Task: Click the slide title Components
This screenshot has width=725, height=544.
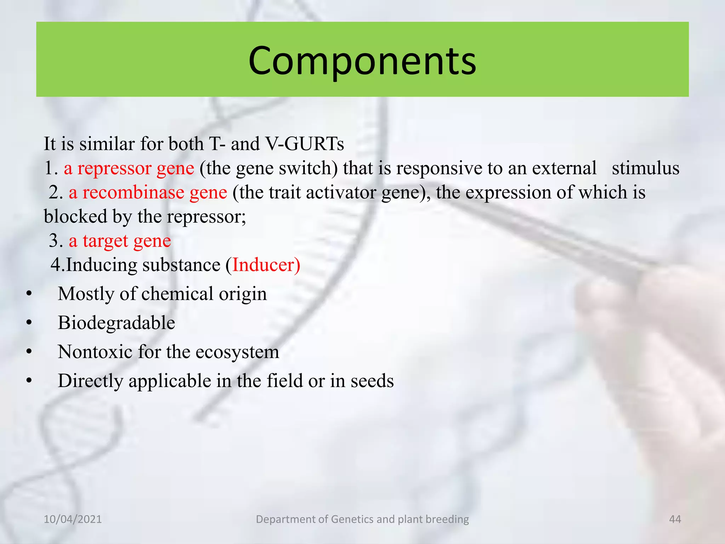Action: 362,61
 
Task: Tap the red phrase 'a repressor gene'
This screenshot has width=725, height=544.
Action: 129,169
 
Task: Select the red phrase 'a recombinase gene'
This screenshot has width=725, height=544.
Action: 148,193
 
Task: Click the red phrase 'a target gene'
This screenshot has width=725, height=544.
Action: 120,241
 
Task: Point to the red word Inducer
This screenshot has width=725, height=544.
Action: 266,265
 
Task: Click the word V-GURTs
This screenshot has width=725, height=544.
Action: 304,144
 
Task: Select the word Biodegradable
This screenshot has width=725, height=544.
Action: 116,323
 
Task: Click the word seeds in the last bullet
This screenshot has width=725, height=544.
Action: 372,381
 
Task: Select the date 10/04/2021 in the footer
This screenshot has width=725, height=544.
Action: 73,519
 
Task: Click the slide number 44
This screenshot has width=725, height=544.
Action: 675,519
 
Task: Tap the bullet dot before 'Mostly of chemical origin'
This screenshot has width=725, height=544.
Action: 29,294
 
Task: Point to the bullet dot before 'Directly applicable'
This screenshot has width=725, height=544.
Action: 29,381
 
